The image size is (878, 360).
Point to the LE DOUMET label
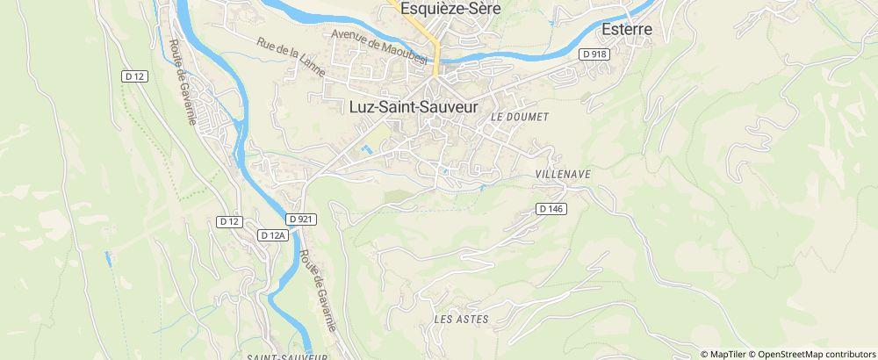(520, 117)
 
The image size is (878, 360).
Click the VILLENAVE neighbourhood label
(563, 175)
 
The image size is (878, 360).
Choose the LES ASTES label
(461, 319)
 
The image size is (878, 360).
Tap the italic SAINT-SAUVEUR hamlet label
(287, 356)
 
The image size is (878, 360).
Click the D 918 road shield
(594, 54)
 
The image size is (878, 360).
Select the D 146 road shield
(550, 209)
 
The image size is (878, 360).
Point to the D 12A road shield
(274, 235)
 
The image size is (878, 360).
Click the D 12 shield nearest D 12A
(229, 221)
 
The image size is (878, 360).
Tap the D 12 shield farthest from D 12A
(135, 77)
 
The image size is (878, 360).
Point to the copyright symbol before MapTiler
(704, 353)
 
